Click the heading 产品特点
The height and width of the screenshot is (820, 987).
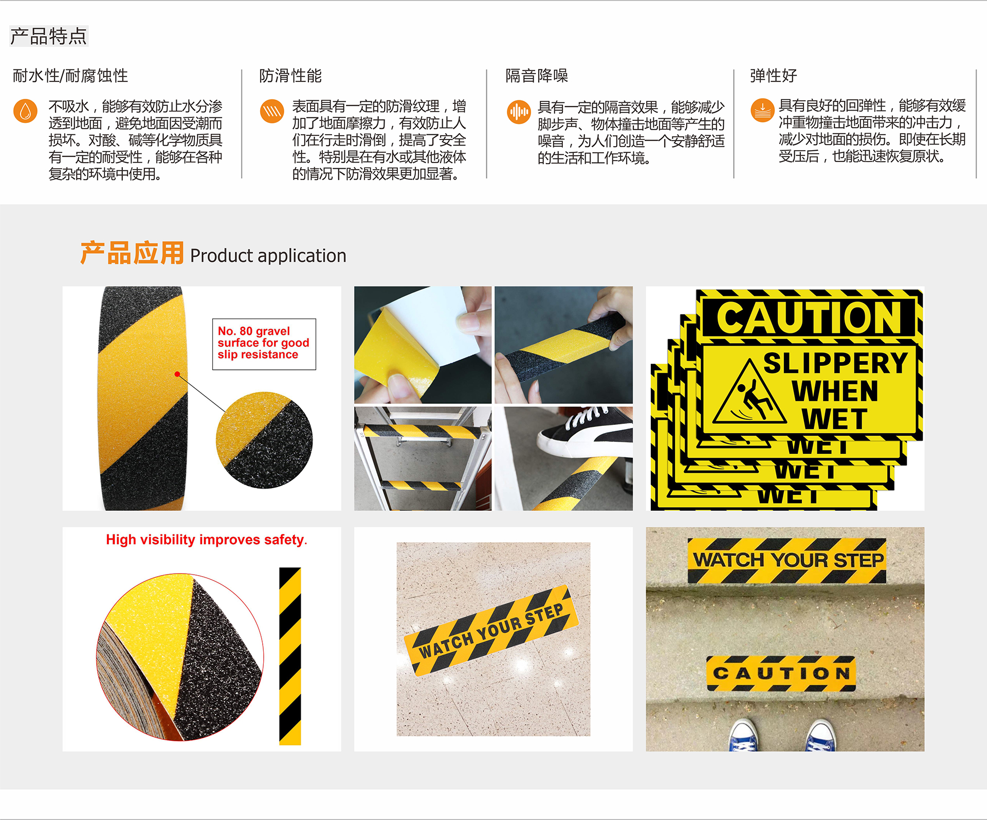tap(49, 36)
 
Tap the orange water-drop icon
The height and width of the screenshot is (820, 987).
tap(25, 111)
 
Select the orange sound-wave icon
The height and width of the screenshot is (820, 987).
tap(519, 112)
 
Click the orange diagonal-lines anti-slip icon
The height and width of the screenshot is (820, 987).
tap(272, 111)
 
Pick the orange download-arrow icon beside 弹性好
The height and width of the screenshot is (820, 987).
tap(762, 110)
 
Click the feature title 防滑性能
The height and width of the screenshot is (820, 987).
tap(290, 76)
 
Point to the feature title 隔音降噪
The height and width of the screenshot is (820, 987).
tap(537, 76)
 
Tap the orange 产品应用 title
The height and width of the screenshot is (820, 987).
tap(132, 253)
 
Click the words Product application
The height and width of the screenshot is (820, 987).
tap(268, 256)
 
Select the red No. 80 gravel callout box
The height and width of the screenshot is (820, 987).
tap(264, 344)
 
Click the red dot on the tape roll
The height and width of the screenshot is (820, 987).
tap(177, 374)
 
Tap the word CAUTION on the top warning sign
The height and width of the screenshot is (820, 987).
tap(809, 317)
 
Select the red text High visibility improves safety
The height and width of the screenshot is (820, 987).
tap(206, 540)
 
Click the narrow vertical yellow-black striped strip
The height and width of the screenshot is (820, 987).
tap(290, 656)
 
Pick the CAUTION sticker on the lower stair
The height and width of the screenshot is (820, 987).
tap(781, 673)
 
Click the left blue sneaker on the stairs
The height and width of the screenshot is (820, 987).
tap(743, 736)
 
